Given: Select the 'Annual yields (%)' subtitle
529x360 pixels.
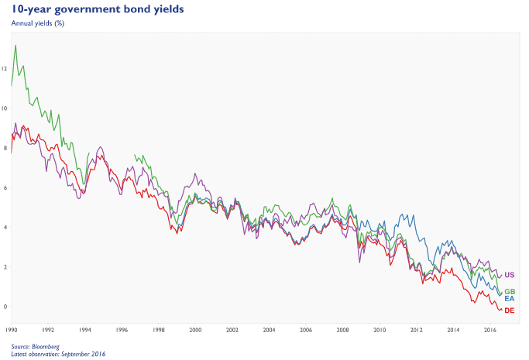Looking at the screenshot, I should tap(37, 22).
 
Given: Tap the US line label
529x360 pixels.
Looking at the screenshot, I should tap(510, 275).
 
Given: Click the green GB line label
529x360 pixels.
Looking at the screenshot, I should tap(510, 291).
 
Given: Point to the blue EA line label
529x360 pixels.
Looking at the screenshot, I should tap(510, 299).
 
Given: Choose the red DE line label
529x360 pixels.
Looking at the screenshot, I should tap(510, 310).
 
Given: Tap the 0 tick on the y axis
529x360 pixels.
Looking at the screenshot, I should tap(5, 307).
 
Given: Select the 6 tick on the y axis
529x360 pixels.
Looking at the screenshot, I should tap(5, 187).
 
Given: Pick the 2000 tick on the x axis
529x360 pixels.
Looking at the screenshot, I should tap(195, 329).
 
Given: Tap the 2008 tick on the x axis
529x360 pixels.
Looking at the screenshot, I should tap(342, 329).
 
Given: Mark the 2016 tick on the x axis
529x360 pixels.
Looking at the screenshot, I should tap(489, 329).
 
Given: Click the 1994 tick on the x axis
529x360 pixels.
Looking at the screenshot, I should tap(84, 329).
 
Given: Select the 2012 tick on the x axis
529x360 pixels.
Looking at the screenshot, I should tap(416, 329).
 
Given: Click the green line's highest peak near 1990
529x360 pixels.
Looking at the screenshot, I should tap(15, 45).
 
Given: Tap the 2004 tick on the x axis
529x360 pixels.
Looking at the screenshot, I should tap(269, 329).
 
